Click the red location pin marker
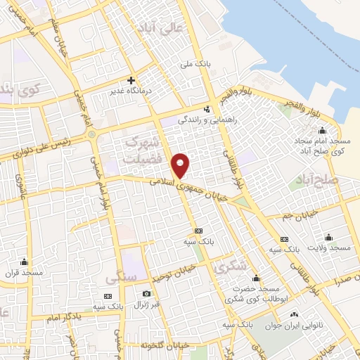tap(181, 165)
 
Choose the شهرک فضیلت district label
tap(143, 150)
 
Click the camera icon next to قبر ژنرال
tap(146, 293)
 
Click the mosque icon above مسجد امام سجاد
tap(322, 130)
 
